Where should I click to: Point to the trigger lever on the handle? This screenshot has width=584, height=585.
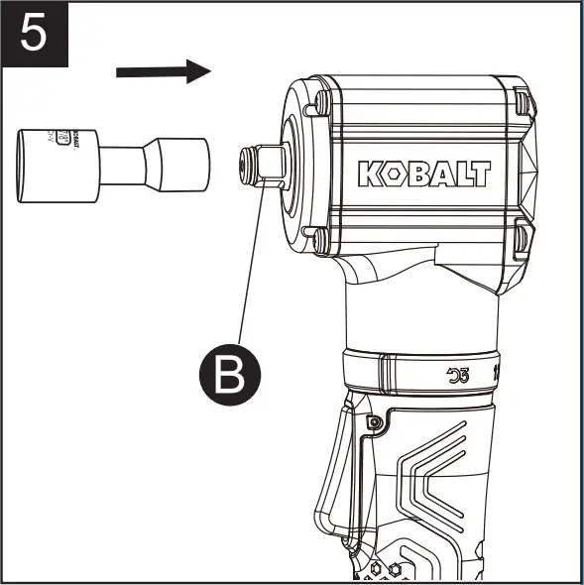[332, 466]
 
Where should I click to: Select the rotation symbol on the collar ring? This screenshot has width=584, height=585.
[458, 375]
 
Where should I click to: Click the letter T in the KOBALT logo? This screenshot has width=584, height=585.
[481, 174]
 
